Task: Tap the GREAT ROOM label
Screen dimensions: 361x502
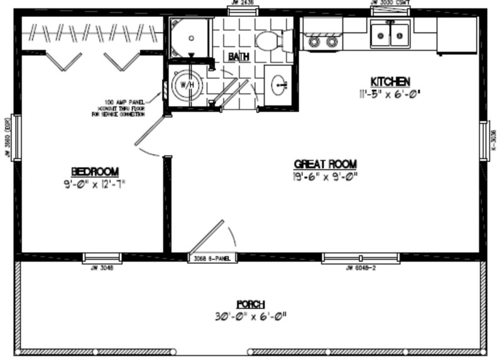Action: point(325,164)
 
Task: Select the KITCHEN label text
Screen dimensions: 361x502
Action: point(390,82)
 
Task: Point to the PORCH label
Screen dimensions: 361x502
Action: point(251,304)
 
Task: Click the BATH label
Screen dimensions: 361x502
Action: point(238,57)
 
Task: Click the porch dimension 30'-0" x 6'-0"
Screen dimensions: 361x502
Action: point(251,316)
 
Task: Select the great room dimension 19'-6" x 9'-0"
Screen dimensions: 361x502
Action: point(325,176)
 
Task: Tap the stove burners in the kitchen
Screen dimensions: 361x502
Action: point(322,42)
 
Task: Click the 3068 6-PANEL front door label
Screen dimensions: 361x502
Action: point(210,259)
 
